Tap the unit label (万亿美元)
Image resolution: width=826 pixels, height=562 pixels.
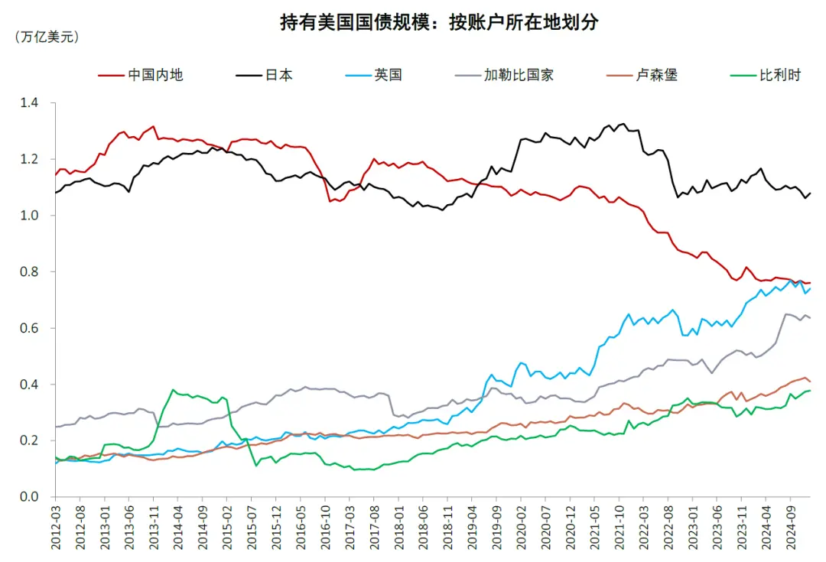(47, 36)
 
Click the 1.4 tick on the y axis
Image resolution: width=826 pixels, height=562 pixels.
(37, 102)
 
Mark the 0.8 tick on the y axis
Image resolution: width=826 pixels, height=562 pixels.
(37, 271)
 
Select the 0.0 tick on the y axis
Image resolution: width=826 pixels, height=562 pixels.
(37, 497)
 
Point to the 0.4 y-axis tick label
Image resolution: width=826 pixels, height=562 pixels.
(37, 385)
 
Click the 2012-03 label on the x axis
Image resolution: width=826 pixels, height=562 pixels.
(56, 527)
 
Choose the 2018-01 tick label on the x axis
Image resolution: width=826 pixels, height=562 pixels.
(398, 527)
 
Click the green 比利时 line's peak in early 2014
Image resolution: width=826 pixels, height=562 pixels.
(173, 390)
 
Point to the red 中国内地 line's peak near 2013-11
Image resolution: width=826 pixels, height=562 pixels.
(154, 126)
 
